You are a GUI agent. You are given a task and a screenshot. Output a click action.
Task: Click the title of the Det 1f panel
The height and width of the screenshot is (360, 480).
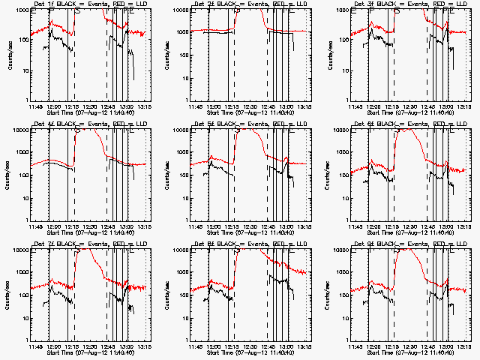pos(88,4)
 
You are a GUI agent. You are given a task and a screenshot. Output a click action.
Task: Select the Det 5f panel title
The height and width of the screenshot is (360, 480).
pos(248,124)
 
